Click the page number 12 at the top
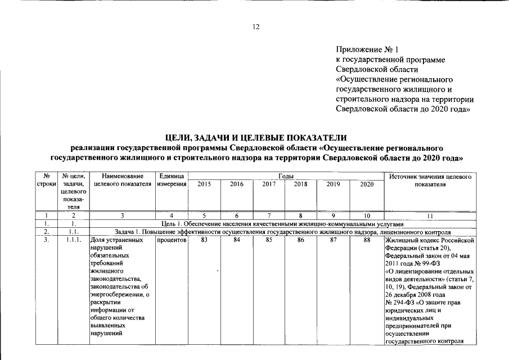coord(256,26)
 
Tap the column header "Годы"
coord(286,177)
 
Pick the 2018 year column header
coord(301,184)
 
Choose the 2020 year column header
coord(366,184)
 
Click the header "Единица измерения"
coord(172,181)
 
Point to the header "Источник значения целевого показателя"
coord(429,181)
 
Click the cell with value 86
coord(301,240)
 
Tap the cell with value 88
coord(366,240)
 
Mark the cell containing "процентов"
coord(172,240)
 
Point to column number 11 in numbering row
coord(429,215)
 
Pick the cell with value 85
coord(269,240)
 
